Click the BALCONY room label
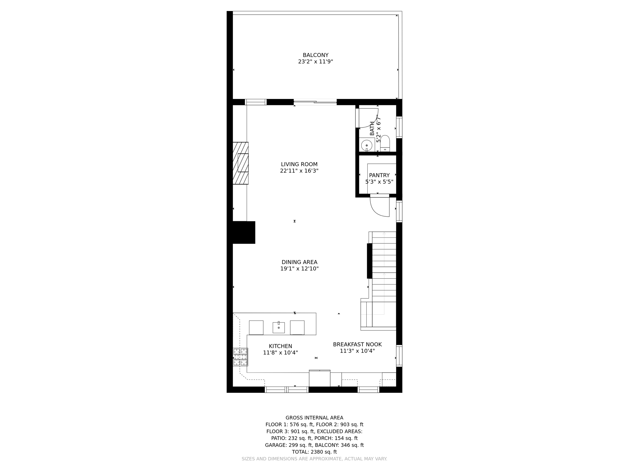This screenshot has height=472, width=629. [x=315, y=55]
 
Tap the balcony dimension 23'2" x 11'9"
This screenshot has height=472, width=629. [x=315, y=62]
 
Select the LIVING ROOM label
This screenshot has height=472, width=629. [x=299, y=164]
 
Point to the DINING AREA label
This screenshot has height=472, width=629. [x=299, y=262]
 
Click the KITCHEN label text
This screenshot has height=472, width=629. [x=280, y=346]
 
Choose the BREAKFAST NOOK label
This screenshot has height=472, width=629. [x=357, y=344]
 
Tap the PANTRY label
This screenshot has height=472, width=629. [x=379, y=175]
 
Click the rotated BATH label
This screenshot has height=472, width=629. [x=372, y=128]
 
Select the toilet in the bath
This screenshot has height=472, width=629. [x=385, y=143]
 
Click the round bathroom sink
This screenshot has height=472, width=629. [x=366, y=145]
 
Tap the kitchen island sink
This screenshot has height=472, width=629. [x=279, y=327]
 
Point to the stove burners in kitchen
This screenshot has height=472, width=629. [x=240, y=357]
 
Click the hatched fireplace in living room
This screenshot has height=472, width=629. [x=240, y=163]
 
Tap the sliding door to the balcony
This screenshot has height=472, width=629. [x=315, y=102]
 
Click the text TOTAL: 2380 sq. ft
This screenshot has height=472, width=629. [x=314, y=452]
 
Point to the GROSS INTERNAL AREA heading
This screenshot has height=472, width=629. [x=314, y=418]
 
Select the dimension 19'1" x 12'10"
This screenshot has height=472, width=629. [x=299, y=269]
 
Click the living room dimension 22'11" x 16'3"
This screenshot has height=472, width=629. [x=299, y=171]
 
